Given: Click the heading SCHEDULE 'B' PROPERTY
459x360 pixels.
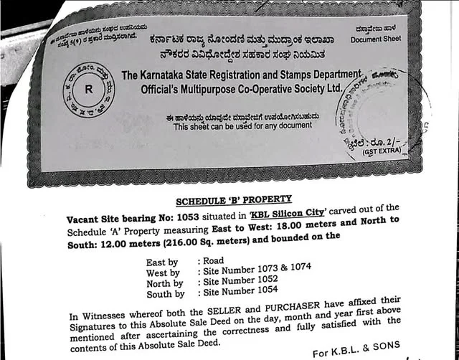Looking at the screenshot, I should [x=234, y=200].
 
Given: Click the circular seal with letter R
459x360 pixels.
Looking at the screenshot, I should [x=89, y=90].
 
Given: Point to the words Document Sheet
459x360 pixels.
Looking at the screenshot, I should [x=377, y=40].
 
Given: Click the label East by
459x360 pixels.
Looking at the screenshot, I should [x=162, y=263].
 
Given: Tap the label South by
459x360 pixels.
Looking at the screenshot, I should [x=164, y=294].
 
